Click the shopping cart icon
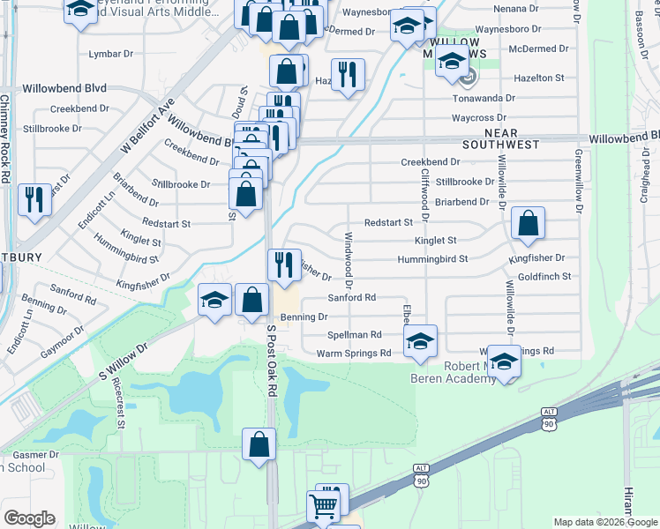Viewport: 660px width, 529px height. [324, 507]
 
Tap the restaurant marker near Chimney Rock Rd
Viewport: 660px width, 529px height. [34, 199]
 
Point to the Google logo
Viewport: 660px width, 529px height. [29, 518]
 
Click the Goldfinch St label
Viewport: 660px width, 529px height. [544, 276]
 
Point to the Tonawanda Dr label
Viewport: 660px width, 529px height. [483, 98]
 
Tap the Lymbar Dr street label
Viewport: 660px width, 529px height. [111, 54]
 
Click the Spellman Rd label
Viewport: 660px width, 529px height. [354, 335]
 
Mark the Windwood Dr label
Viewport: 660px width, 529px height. [349, 261]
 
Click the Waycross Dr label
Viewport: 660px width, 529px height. [477, 117]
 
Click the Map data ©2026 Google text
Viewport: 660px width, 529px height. [604, 522]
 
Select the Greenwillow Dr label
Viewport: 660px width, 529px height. [580, 181]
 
